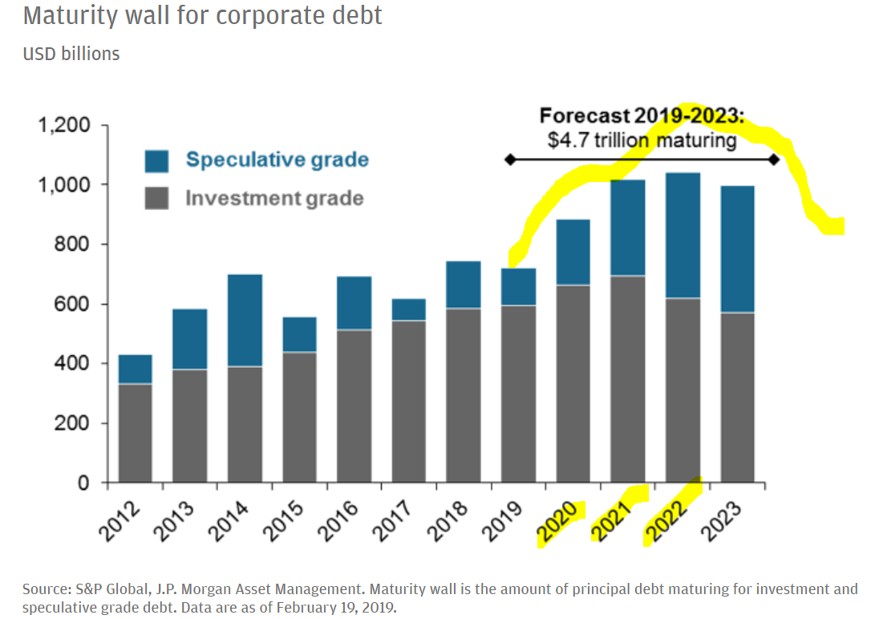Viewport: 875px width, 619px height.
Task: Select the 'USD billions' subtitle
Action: pos(71,54)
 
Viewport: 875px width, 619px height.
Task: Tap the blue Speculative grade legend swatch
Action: pos(156,160)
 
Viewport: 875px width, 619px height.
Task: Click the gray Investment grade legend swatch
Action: pos(156,198)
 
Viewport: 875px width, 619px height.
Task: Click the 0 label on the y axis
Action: pos(86,483)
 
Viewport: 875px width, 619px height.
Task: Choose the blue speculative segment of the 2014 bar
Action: pos(245,320)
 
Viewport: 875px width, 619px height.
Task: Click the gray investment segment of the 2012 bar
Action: pos(136,433)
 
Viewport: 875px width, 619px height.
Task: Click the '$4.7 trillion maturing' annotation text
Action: pos(642,141)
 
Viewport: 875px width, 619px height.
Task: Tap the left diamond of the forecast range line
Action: pos(509,160)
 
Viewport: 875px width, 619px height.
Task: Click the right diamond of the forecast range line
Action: pos(773,160)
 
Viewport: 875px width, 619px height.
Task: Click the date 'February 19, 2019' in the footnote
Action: pos(336,607)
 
